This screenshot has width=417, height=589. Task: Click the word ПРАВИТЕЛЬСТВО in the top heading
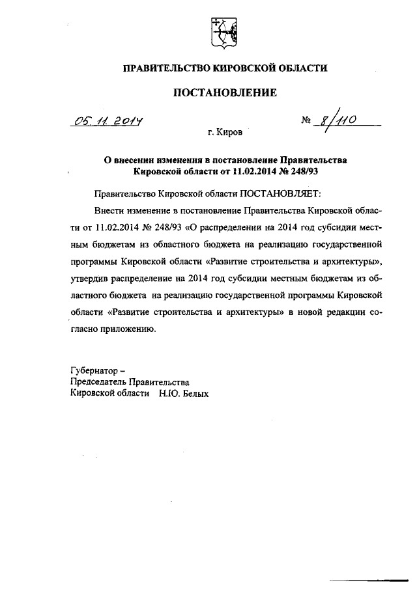164,67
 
